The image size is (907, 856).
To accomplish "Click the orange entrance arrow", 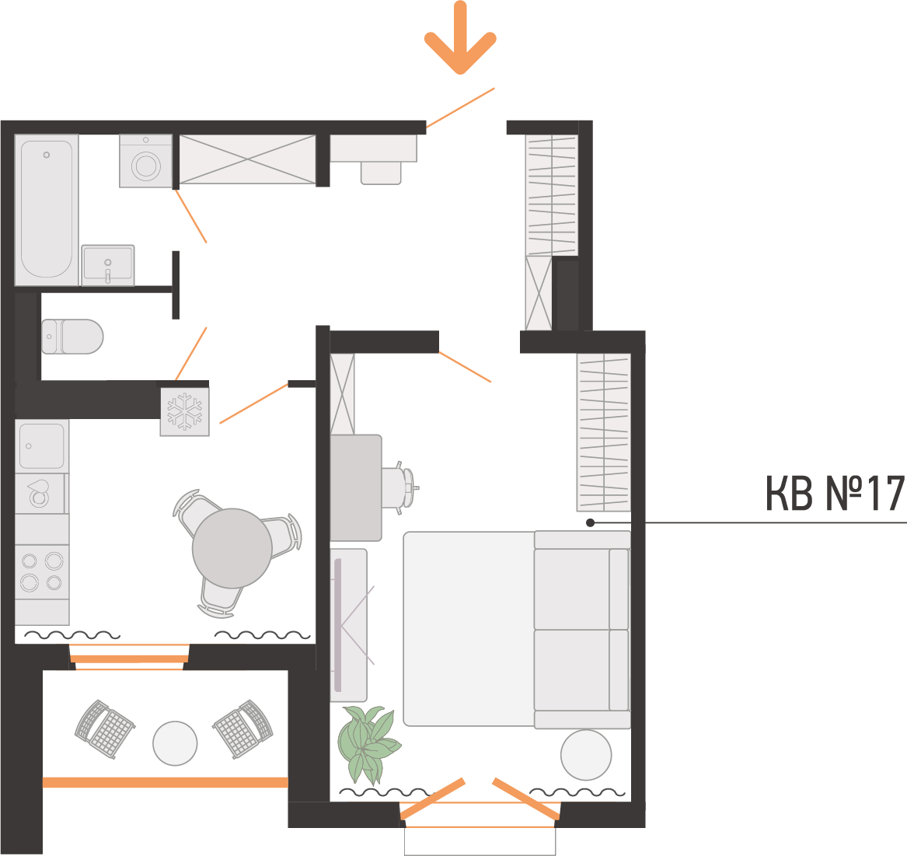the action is tap(460, 37).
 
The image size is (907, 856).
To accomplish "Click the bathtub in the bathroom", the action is tap(47, 209).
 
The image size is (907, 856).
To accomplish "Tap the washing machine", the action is tap(146, 161).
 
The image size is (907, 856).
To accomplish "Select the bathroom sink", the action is tap(108, 265).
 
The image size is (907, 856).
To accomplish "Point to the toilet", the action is tap(72, 337).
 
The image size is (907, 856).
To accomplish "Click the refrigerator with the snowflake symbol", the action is tap(184, 411).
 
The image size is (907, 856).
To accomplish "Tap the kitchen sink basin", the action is tap(42, 445).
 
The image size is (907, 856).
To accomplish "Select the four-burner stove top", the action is tap(42, 571).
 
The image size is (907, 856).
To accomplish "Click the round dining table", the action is tap(232, 548).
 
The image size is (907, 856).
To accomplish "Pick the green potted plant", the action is tap(368, 742).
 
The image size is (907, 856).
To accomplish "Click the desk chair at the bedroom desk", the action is tap(400, 487).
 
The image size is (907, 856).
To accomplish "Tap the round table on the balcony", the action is tap(176, 743).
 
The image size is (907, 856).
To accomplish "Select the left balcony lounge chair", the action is tap(105, 729).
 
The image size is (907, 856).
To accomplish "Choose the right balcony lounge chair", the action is tap(243, 729).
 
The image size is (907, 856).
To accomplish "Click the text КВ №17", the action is tap(835, 494).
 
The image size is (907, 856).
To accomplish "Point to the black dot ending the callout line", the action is tap(590, 522).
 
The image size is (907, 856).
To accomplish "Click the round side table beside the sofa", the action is tap(586, 755).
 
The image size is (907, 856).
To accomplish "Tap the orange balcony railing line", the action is tap(166, 782).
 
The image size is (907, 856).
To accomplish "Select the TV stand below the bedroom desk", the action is tap(349, 625).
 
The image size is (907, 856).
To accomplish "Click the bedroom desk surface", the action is tap(356, 488).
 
